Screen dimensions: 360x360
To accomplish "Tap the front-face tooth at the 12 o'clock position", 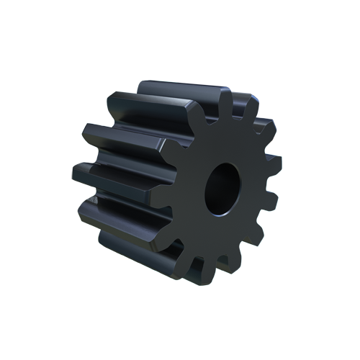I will pos(227,101).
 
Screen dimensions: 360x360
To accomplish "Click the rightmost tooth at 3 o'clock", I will pos(274,167).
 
